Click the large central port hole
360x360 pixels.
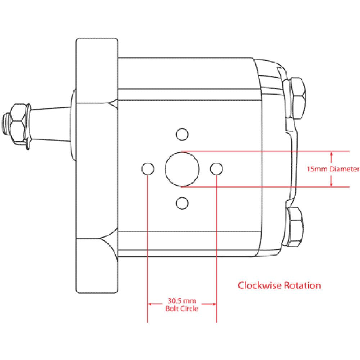pyautogui.click(x=182, y=169)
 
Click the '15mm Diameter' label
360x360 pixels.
pyautogui.click(x=333, y=169)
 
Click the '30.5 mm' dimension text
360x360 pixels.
pyautogui.click(x=182, y=300)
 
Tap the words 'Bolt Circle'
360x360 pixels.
pyautogui.click(x=182, y=309)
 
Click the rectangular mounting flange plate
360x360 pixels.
pyautogui.click(x=96, y=166)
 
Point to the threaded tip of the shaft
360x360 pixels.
pyautogui.click(x=5, y=124)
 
